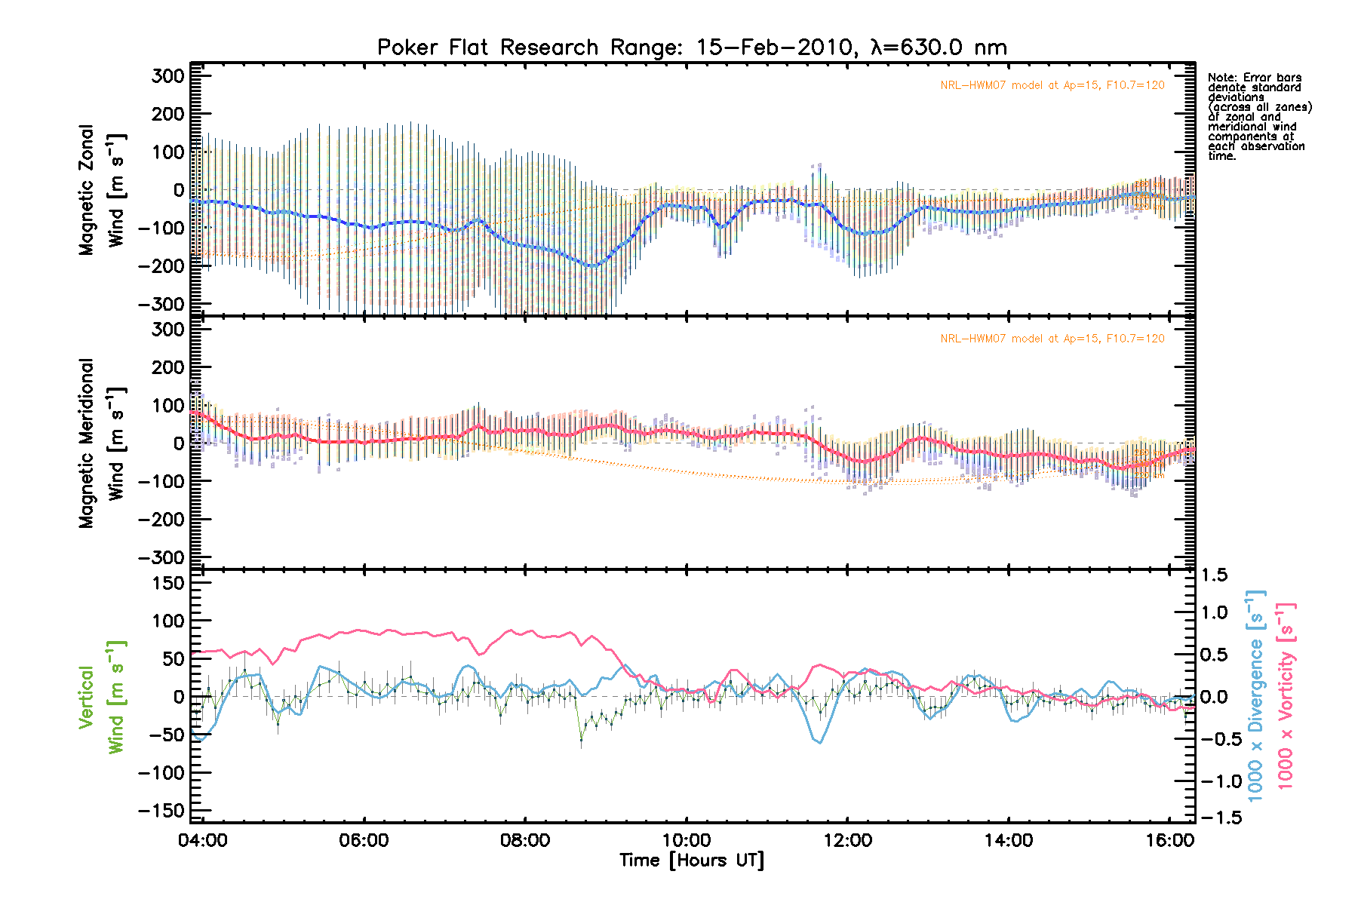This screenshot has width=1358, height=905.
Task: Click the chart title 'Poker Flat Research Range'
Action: point(692,48)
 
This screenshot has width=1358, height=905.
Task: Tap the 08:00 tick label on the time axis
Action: point(525,840)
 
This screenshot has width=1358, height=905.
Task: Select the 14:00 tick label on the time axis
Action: point(1009,840)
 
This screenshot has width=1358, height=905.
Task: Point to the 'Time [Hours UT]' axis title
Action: point(692,861)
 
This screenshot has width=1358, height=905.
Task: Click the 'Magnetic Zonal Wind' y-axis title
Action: point(102,190)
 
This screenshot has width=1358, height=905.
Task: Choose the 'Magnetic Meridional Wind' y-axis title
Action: point(102,443)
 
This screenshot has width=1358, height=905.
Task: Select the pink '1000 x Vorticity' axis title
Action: point(1286,695)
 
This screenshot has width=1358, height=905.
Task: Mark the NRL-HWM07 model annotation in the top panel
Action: point(1052,85)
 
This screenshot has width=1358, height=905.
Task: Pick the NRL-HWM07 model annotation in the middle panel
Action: point(1052,339)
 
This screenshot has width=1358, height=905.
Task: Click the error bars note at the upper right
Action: point(1258,116)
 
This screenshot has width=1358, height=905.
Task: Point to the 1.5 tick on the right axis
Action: point(1214,575)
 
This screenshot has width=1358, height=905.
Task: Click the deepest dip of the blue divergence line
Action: point(820,743)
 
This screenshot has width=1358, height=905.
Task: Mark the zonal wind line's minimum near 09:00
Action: point(593,266)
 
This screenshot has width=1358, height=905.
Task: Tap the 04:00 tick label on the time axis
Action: point(203,840)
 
